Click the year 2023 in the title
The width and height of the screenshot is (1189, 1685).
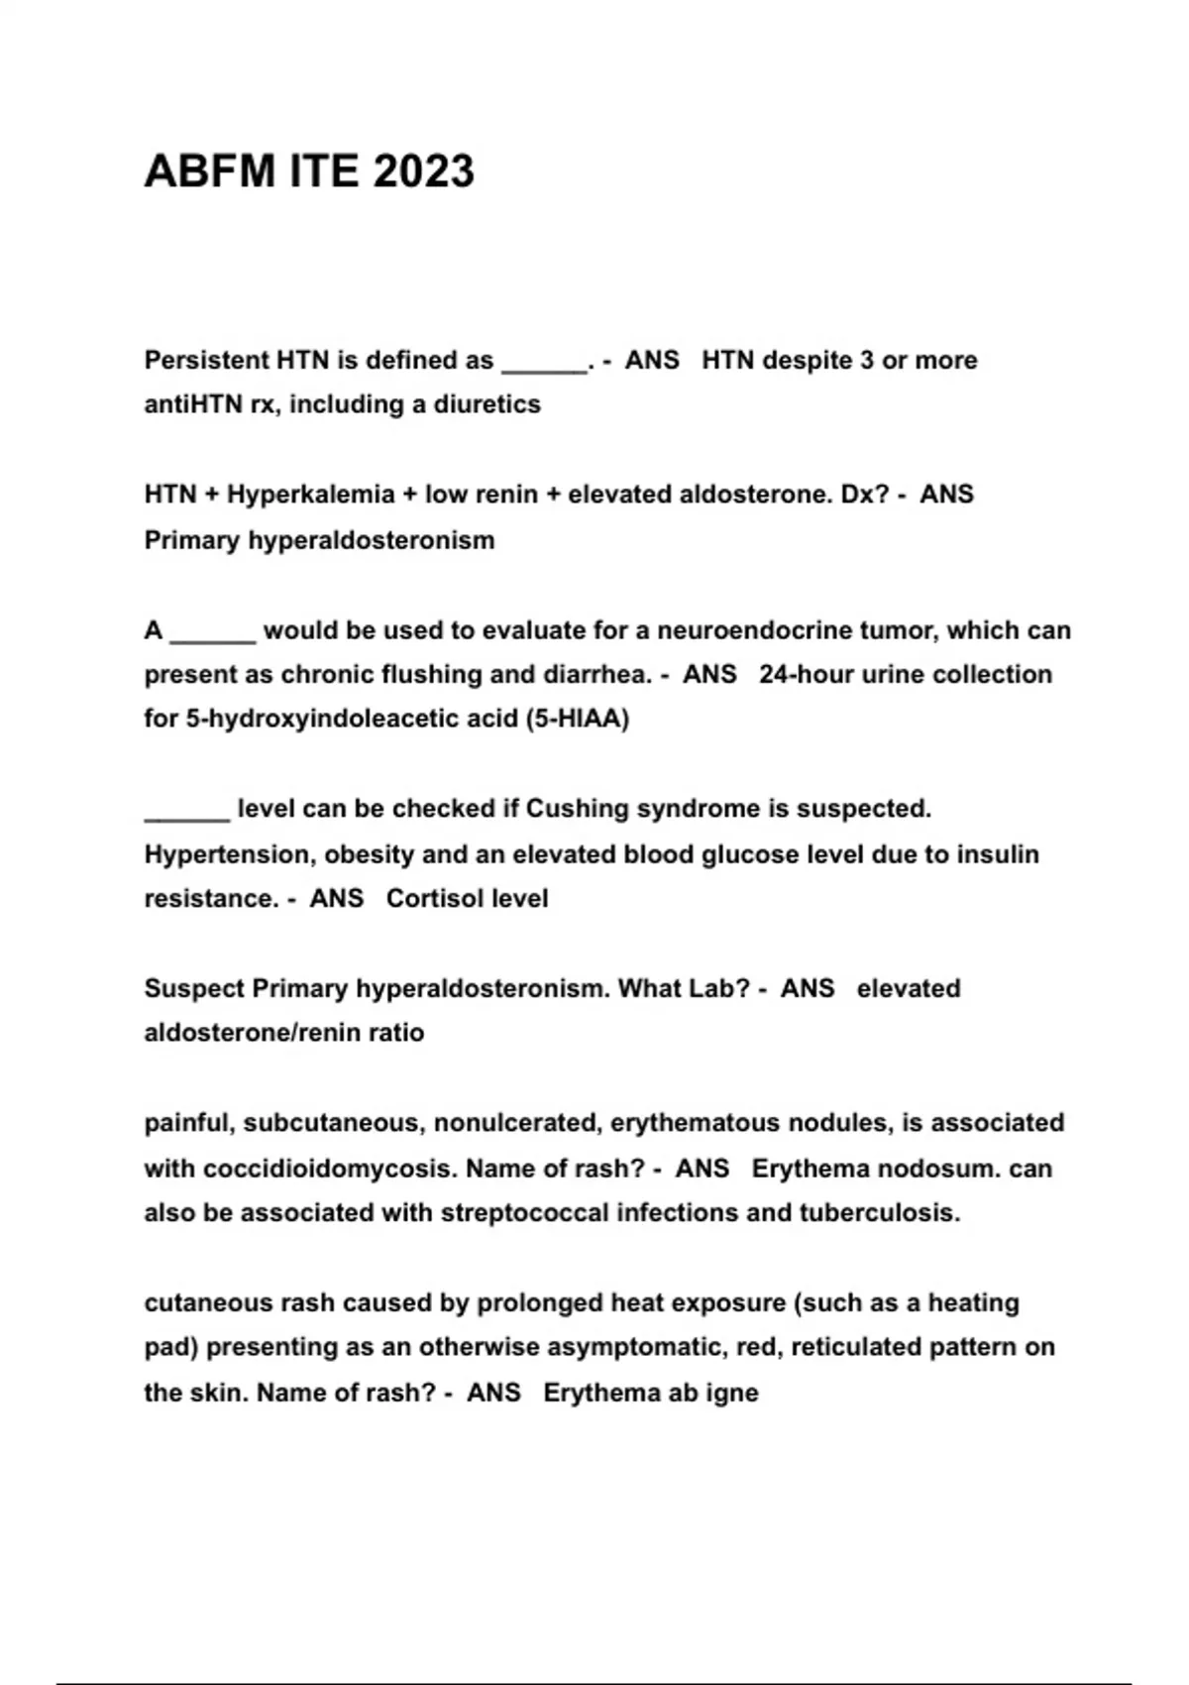pos(423,171)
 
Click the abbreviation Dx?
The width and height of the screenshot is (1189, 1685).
pos(865,495)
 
